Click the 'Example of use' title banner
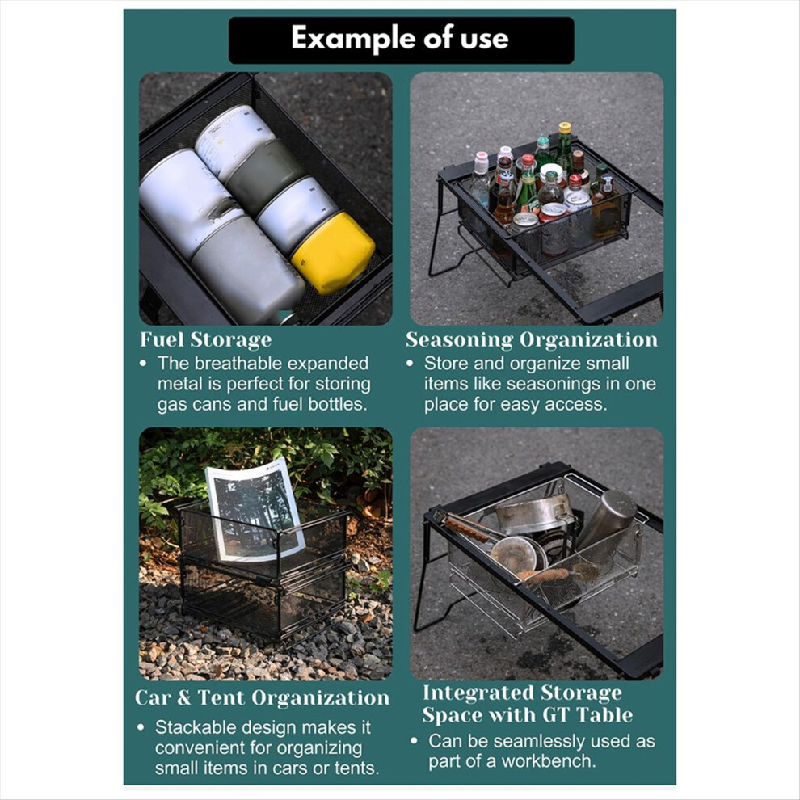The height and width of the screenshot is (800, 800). (x=401, y=40)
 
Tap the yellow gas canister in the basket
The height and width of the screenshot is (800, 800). (x=333, y=253)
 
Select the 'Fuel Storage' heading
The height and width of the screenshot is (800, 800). (x=205, y=340)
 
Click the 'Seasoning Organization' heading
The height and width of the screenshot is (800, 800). (x=532, y=340)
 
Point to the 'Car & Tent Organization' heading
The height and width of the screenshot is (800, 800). (x=263, y=698)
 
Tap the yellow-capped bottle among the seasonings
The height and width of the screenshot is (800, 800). (x=564, y=147)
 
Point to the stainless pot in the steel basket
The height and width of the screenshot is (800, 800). (x=534, y=514)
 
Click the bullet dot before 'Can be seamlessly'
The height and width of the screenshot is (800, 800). (x=414, y=741)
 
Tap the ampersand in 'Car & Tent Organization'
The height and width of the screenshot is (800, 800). (x=183, y=698)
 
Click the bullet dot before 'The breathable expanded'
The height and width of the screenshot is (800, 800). (x=143, y=364)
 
